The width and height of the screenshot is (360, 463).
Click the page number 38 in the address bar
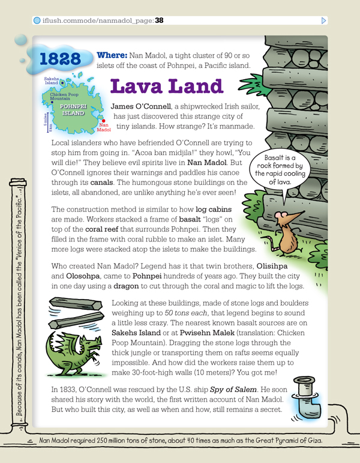pyautogui.click(x=159, y=20)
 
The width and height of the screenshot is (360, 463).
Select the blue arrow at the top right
pyautogui.click(x=324, y=20)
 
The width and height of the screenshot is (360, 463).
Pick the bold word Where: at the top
pyautogui.click(x=111, y=55)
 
